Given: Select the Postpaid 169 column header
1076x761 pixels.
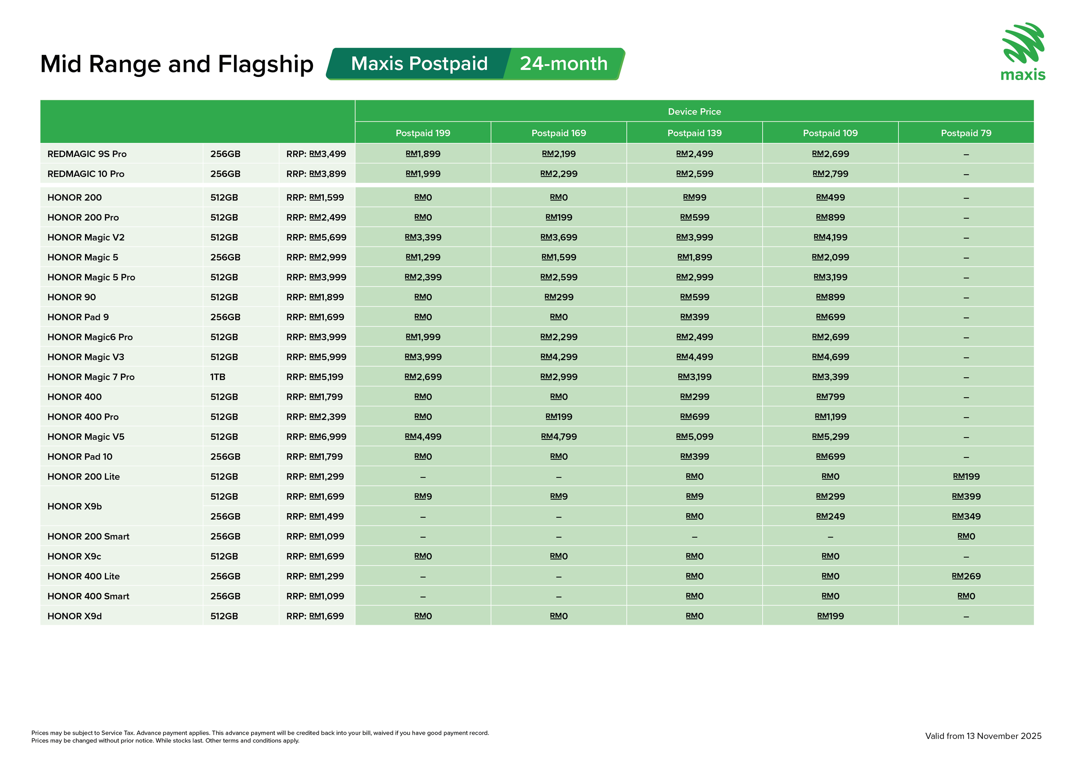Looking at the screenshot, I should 559,133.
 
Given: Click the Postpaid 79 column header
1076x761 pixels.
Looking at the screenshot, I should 966,133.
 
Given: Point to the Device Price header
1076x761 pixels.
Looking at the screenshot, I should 694,112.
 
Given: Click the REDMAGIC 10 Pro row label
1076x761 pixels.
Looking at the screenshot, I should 86,174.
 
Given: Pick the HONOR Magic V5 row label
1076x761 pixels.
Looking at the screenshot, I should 86,437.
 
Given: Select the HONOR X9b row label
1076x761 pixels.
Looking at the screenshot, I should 75,506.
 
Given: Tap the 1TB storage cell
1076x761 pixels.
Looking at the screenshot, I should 218,377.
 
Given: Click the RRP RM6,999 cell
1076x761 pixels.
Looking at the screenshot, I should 316,437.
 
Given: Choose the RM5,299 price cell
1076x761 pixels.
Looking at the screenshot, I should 830,437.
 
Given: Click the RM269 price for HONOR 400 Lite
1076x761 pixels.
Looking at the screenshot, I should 966,576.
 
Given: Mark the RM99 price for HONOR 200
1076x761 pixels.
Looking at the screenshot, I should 694,197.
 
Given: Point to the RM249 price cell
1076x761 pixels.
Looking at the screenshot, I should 830,517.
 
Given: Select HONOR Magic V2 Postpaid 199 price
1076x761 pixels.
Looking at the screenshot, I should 423,237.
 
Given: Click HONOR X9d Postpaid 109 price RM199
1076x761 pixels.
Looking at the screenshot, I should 830,616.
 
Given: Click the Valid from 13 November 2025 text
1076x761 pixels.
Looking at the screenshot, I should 983,736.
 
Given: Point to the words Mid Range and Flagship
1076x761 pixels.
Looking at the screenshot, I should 177,64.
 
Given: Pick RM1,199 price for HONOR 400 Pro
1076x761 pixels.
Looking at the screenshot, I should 830,417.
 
